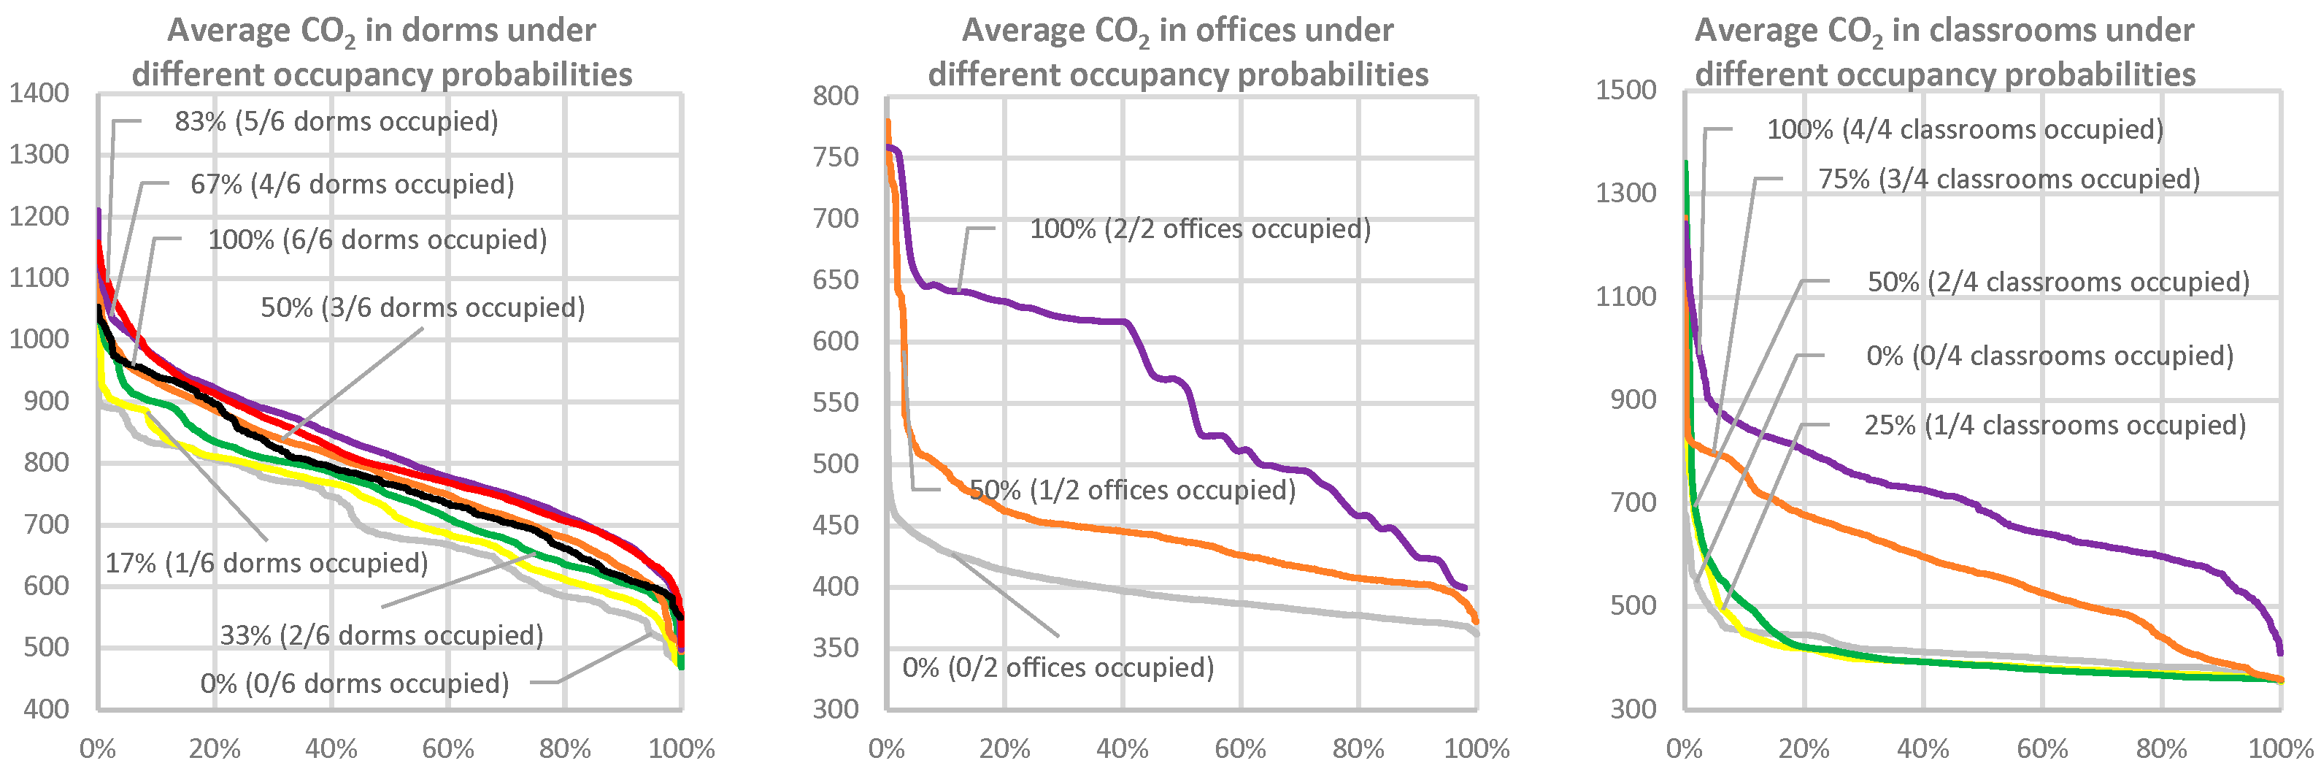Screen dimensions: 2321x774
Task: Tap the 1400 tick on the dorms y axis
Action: coord(39,93)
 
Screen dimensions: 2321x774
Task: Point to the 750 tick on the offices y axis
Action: coord(835,157)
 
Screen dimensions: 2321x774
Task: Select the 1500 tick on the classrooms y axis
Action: coord(1625,90)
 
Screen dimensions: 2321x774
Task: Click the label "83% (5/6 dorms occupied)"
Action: coord(336,122)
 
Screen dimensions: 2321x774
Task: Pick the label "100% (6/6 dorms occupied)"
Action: coord(377,240)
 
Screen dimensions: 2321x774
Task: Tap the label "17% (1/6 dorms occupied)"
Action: coord(266,563)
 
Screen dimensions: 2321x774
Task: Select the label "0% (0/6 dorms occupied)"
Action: coord(354,683)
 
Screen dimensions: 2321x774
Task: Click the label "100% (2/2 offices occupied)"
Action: coord(1200,229)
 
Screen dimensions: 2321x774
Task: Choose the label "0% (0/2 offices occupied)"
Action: coord(1058,667)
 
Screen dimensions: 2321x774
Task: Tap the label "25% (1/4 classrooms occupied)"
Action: coord(2055,425)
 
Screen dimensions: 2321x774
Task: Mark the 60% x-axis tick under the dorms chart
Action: coord(448,748)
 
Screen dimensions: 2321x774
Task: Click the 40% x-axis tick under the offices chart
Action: coord(1122,748)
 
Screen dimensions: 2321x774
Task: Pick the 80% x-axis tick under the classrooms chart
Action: coord(2161,748)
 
